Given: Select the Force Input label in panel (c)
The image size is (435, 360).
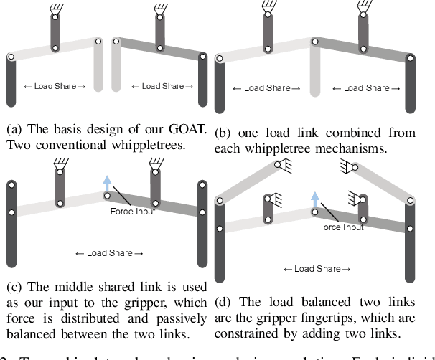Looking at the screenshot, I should point(132,212).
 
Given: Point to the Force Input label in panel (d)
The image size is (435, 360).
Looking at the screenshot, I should point(340,227).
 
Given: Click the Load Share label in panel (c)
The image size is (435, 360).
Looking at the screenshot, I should point(109,253).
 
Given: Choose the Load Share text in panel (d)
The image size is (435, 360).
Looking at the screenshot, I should point(317,269).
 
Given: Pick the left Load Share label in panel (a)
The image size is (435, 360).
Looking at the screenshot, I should point(55,87).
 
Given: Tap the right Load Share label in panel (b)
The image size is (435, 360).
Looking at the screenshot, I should point(366,88).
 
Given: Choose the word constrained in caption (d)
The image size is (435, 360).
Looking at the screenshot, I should point(251,333).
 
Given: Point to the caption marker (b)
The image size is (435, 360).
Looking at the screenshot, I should point(224,133).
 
